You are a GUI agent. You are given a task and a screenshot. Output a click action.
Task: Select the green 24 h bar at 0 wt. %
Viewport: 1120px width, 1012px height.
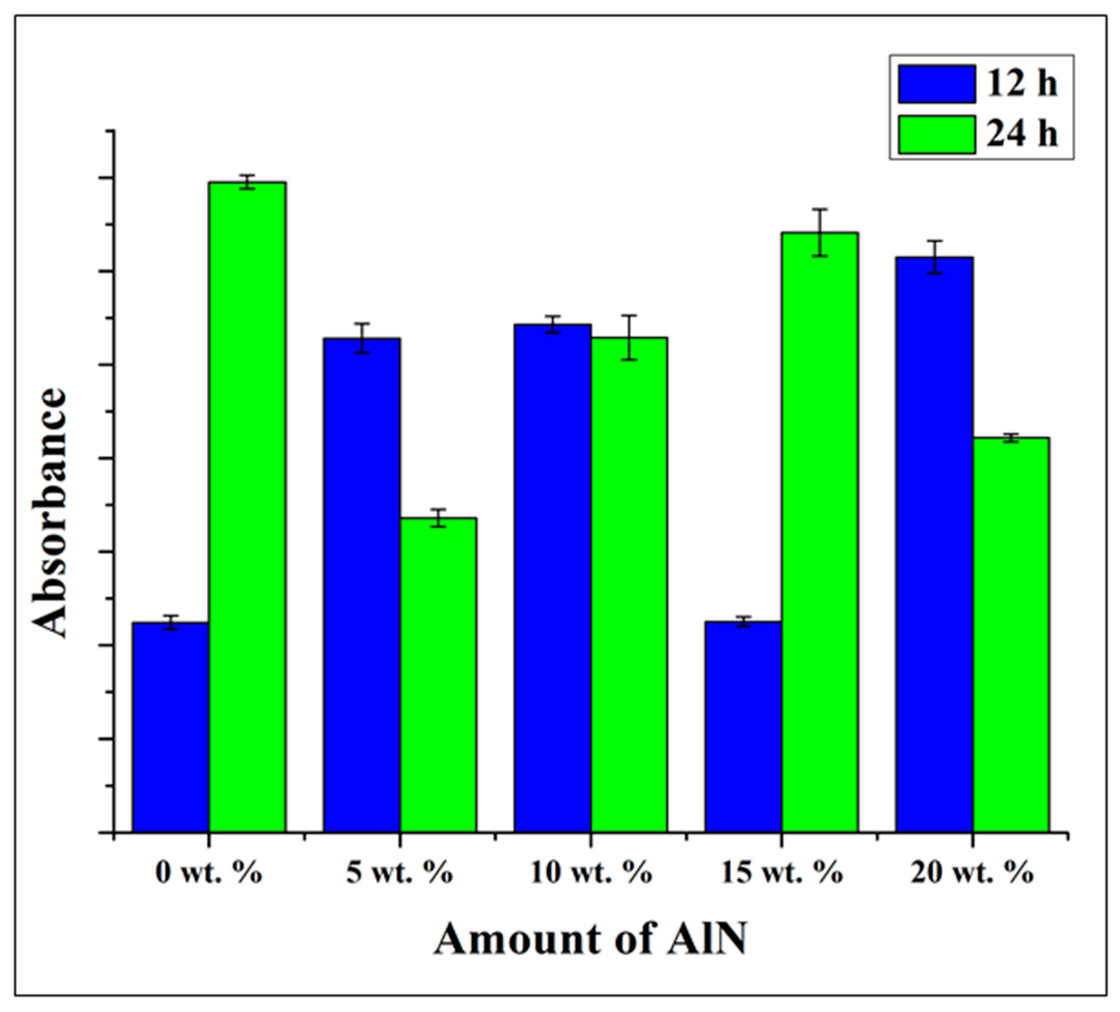[x=247, y=506]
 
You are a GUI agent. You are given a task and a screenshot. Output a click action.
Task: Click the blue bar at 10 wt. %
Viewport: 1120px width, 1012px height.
[x=552, y=577]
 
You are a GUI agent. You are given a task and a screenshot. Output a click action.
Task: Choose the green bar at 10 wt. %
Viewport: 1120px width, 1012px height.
[x=629, y=584]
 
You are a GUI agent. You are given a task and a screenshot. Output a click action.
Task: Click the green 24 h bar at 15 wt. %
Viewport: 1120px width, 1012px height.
[x=820, y=532]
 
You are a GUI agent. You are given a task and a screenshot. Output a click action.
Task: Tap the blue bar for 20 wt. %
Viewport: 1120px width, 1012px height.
[x=935, y=544]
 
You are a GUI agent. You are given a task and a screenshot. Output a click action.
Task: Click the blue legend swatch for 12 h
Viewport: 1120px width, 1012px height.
[x=937, y=84]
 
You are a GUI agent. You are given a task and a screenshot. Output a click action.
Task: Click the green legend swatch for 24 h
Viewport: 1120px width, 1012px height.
[x=937, y=134]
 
